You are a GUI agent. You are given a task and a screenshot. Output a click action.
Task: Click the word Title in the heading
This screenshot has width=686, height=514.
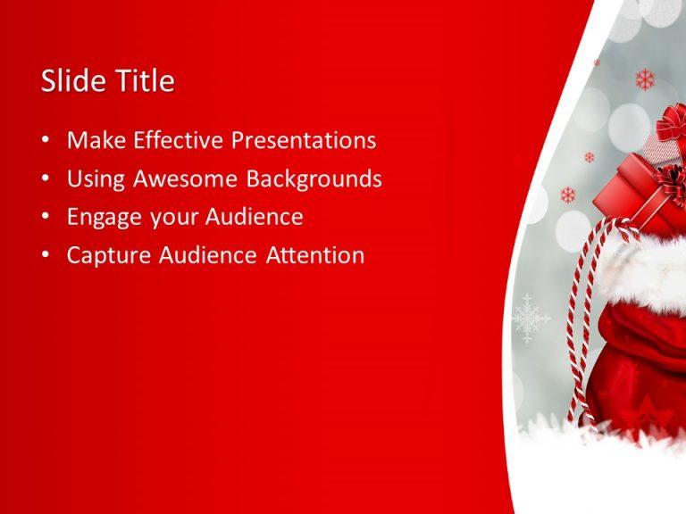146,80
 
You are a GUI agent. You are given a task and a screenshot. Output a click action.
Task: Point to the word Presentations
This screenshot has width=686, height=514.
304,140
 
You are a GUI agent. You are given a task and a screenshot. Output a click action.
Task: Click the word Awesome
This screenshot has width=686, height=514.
186,178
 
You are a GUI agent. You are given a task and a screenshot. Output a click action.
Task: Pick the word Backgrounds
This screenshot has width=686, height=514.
314,179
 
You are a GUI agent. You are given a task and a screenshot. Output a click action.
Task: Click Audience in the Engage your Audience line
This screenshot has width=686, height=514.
255,216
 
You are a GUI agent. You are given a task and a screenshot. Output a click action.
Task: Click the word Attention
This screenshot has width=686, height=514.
315,255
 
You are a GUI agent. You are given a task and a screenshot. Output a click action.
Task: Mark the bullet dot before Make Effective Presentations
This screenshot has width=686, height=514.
46,140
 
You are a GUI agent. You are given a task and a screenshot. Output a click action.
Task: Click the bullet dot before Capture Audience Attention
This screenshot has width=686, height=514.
46,255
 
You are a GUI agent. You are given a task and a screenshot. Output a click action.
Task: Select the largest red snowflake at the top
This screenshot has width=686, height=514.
645,80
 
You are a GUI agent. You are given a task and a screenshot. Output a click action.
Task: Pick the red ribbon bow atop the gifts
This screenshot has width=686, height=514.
672,121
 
